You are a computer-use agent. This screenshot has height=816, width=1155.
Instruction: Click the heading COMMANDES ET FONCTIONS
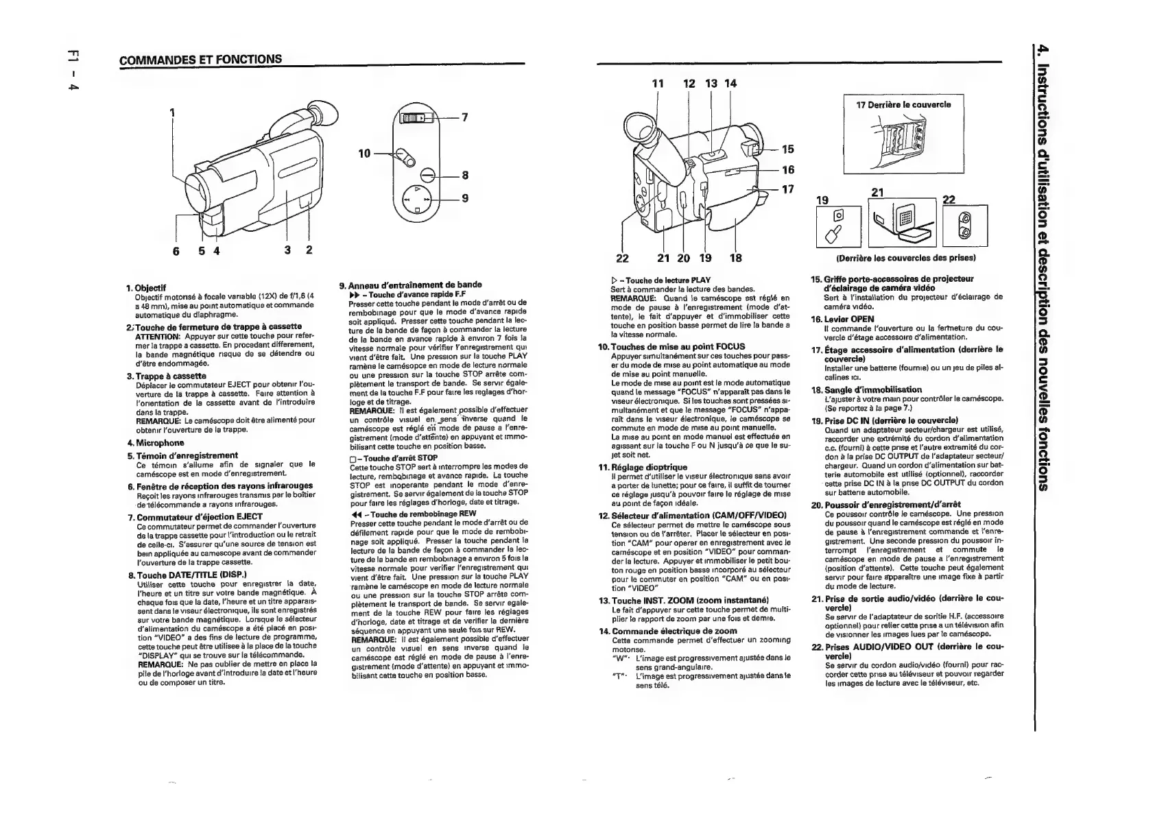point(200,59)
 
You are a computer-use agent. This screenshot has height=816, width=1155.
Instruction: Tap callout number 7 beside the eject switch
point(464,117)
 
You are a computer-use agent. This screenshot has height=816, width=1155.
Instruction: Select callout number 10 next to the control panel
point(364,152)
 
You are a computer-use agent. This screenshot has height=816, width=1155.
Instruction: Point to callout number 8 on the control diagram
point(465,176)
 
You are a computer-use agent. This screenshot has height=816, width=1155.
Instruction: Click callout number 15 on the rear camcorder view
point(787,149)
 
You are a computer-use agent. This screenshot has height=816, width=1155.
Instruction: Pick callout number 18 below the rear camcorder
point(736,258)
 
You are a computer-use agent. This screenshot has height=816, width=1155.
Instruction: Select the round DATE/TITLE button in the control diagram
point(425,175)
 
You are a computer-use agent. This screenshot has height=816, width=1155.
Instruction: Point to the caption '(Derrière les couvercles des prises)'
point(905,258)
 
